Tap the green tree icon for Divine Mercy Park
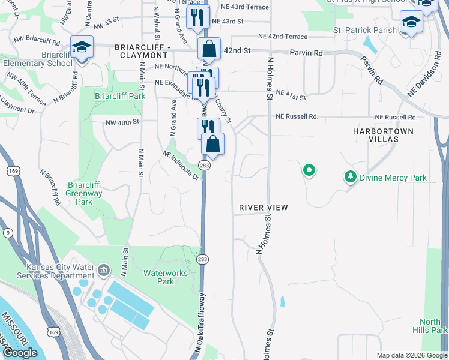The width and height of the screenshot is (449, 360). pyautogui.click(x=351, y=177)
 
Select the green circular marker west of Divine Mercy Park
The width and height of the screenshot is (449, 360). pyautogui.click(x=309, y=171)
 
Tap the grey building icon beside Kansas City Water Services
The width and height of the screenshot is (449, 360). pyautogui.click(x=104, y=269)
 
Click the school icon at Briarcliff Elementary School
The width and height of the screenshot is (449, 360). pyautogui.click(x=82, y=47)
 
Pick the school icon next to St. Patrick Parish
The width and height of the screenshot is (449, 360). pyautogui.click(x=411, y=23)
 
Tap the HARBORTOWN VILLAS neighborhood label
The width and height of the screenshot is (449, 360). pyautogui.click(x=384, y=134)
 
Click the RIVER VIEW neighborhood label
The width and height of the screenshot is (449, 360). pyautogui.click(x=264, y=208)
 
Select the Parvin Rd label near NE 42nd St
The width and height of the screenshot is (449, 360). pyautogui.click(x=306, y=53)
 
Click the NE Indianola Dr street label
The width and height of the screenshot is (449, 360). pyautogui.click(x=181, y=165)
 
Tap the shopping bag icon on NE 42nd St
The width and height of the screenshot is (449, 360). pyautogui.click(x=209, y=48)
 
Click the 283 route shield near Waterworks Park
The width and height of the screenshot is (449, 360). pyautogui.click(x=202, y=259)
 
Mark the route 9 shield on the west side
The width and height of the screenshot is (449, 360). pyautogui.click(x=7, y=232)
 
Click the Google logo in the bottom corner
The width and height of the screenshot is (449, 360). pyautogui.click(x=20, y=353)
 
